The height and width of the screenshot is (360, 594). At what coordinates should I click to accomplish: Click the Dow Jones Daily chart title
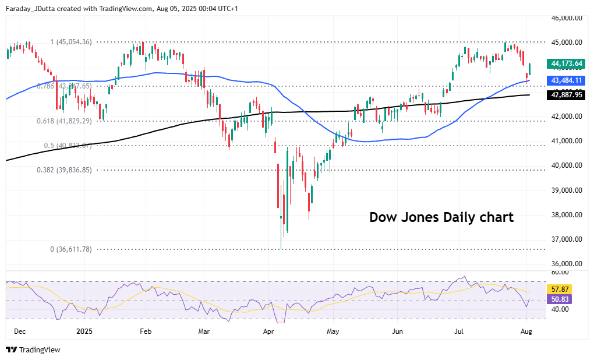pos(441,218)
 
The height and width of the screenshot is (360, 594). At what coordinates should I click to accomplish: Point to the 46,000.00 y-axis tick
pos(567,18)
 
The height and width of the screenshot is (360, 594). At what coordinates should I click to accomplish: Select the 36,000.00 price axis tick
pos(567,264)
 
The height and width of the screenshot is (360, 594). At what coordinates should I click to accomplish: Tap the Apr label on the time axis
pos(268,331)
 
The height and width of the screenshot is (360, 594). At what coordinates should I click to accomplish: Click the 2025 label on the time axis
pos(84,331)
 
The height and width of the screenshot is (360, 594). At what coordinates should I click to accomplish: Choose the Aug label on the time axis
pos(527,331)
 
